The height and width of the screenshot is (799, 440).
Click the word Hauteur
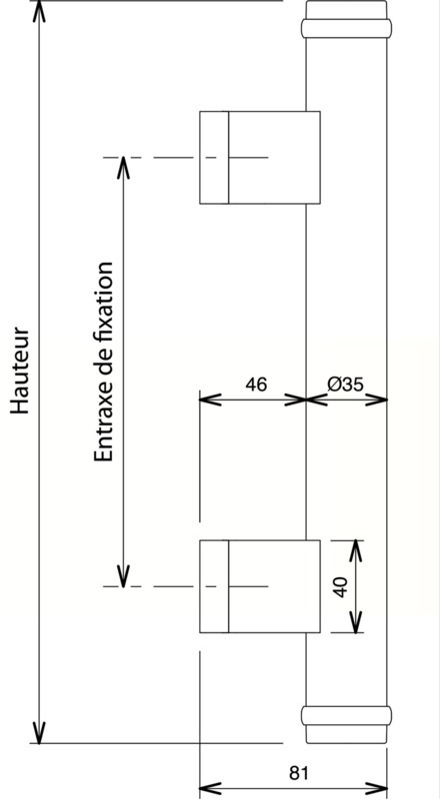[20, 371]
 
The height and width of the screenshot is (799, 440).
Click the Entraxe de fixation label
[103, 362]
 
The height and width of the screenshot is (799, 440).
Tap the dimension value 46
[256, 385]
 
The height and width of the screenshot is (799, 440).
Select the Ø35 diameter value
[346, 385]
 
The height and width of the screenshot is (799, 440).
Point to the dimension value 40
[341, 587]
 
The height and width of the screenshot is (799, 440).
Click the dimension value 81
[299, 773]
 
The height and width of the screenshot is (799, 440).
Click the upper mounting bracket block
[260, 158]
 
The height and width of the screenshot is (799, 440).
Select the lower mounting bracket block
[260, 586]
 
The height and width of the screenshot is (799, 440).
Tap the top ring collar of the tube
[346, 29]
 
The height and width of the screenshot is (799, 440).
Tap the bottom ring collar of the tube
[346, 715]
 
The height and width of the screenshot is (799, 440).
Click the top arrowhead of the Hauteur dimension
[39, 11]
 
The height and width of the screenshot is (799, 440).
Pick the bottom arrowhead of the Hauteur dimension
[39, 732]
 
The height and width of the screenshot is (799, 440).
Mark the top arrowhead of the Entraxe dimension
[123, 168]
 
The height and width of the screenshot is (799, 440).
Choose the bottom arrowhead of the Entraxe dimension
[123, 576]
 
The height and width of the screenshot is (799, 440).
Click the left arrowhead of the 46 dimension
[210, 399]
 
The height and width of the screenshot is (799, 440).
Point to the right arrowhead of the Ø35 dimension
[376, 399]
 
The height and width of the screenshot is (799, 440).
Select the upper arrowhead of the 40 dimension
[355, 551]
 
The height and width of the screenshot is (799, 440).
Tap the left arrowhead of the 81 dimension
[210, 788]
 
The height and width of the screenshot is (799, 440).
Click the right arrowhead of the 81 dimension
[376, 788]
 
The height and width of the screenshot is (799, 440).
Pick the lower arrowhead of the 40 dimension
[355, 621]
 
